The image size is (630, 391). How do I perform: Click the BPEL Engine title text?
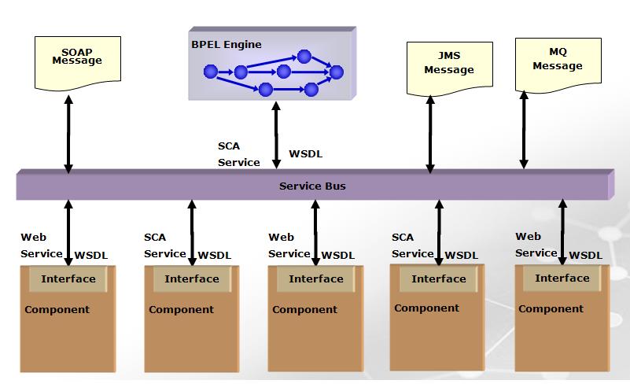227,45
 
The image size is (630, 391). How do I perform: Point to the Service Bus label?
312,186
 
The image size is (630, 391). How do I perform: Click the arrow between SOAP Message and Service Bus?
68,135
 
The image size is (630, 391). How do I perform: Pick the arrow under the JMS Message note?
430,135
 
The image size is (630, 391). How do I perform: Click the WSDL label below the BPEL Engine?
306,153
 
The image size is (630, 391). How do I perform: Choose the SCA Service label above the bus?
238,154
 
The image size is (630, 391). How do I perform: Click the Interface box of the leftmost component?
68,278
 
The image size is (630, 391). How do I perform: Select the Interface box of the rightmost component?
562,278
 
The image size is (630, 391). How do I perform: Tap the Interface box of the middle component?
315,278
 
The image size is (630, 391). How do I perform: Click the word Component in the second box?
181,310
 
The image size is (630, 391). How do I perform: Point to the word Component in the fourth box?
426,308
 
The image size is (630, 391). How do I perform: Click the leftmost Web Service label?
41,245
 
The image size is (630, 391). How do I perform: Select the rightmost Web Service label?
536,244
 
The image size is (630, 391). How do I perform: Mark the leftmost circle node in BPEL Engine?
210,72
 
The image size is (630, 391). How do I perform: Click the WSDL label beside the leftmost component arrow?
90,255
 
